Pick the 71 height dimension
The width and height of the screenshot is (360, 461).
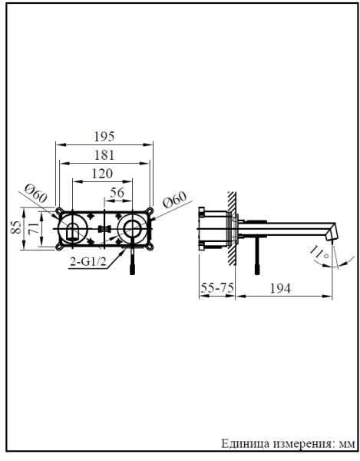(x=31, y=227)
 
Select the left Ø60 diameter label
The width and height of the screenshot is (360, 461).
(x=35, y=194)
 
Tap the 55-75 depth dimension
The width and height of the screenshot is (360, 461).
(x=217, y=287)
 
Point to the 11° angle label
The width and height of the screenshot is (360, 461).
(x=320, y=250)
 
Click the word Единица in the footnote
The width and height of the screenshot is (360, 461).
(x=245, y=444)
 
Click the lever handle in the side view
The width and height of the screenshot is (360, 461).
(x=257, y=257)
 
